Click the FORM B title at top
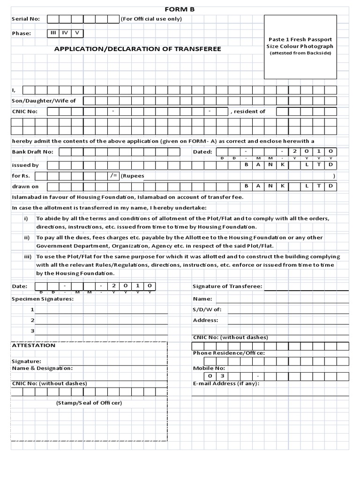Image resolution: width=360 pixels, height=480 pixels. [x=179, y=9]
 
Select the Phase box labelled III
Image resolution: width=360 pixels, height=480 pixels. [x=53, y=33]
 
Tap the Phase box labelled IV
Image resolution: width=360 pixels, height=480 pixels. [x=65, y=33]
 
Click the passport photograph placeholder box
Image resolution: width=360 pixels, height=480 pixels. [x=300, y=47]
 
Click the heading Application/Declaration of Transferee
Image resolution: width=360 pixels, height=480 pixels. [x=137, y=49]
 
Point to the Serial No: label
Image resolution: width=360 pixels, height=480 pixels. [x=26, y=19]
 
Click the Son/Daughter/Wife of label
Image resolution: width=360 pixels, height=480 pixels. [x=44, y=101]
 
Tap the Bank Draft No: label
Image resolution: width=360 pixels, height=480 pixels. [x=32, y=151]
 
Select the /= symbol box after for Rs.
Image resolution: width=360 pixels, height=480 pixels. [x=113, y=176]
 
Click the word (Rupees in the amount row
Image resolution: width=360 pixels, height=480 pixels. [x=133, y=176]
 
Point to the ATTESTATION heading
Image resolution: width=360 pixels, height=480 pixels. [x=33, y=345]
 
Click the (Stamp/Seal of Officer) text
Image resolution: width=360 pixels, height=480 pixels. [x=89, y=403]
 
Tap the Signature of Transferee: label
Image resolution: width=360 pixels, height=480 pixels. [x=227, y=286]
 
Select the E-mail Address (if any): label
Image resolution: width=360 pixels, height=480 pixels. [x=226, y=383]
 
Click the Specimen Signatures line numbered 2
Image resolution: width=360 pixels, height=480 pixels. [x=101, y=320]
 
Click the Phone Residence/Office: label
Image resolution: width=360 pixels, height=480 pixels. [x=229, y=352]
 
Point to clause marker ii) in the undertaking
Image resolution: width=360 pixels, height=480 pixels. [x=27, y=238]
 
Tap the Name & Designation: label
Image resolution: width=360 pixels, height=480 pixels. [x=42, y=368]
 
